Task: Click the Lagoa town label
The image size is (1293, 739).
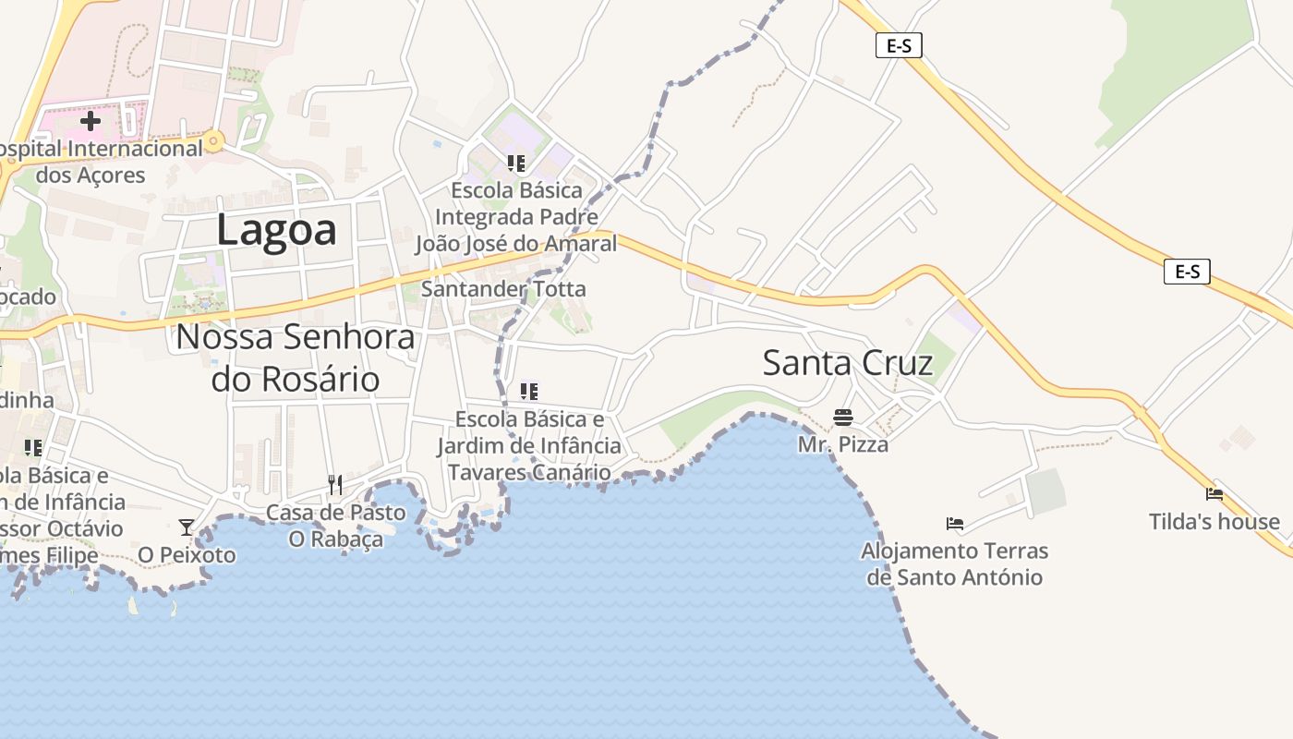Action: pyautogui.click(x=276, y=229)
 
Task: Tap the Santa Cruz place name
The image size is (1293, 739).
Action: pyautogui.click(x=847, y=363)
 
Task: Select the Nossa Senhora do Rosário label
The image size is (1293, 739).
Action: pyautogui.click(x=296, y=357)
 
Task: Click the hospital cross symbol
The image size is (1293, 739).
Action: pyautogui.click(x=91, y=121)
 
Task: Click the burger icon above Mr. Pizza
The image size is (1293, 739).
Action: pyautogui.click(x=842, y=418)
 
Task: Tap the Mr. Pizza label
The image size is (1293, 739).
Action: pyautogui.click(x=842, y=444)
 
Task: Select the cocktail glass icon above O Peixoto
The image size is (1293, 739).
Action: pyautogui.click(x=187, y=527)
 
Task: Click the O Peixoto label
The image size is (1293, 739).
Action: pyautogui.click(x=187, y=555)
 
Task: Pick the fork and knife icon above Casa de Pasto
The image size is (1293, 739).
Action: pyautogui.click(x=335, y=484)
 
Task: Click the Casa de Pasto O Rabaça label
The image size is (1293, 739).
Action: pyautogui.click(x=335, y=525)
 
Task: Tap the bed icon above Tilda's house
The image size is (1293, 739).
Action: pyautogui.click(x=1214, y=495)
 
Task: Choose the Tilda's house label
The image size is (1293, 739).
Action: pyautogui.click(x=1214, y=522)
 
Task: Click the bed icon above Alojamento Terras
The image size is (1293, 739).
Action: pyautogui.click(x=955, y=524)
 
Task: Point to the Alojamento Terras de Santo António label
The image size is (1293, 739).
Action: pyautogui.click(x=955, y=564)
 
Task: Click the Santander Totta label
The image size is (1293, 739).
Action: pyautogui.click(x=503, y=289)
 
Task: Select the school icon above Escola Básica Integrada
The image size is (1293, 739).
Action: pyautogui.click(x=515, y=164)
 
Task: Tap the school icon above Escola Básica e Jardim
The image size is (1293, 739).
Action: pyautogui.click(x=529, y=392)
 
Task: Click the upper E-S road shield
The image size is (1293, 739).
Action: pyautogui.click(x=899, y=45)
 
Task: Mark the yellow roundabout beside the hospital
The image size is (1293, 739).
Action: pyautogui.click(x=214, y=142)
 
